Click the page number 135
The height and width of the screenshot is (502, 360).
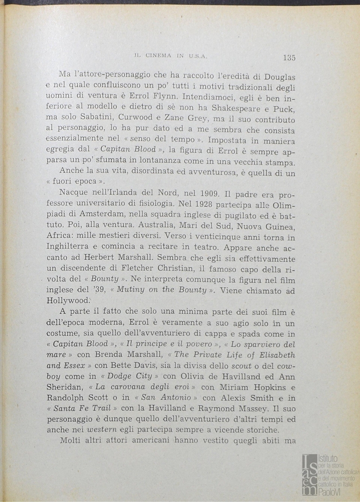288,58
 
